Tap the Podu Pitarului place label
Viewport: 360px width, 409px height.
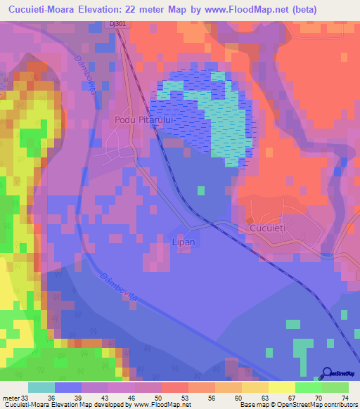pos(141,120)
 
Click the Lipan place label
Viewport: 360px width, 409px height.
pos(184,242)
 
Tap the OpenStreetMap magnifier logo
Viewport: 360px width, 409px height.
pos(326,373)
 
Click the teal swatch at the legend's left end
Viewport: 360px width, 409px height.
pos(41,387)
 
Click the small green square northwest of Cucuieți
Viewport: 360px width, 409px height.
pos(201,190)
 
